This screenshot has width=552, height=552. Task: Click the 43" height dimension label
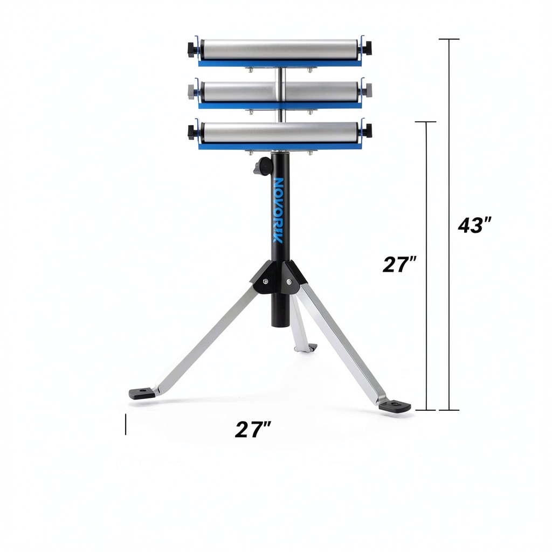point(474,225)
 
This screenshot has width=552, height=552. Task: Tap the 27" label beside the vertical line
point(399,264)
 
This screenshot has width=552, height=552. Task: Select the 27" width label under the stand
point(253,429)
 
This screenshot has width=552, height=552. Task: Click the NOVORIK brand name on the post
point(278,210)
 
